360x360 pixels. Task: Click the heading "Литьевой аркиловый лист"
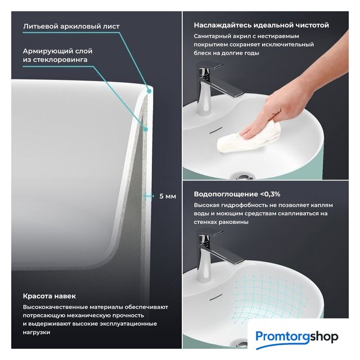[x=71, y=26]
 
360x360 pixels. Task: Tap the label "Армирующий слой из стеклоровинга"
[x=57, y=55]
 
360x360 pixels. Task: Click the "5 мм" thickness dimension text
[x=168, y=196]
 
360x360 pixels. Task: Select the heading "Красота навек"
[x=49, y=296]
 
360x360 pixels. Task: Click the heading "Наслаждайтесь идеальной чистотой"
[x=261, y=25]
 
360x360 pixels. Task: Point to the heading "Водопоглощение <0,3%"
[x=237, y=194]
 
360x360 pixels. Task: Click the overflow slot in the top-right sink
[x=216, y=130]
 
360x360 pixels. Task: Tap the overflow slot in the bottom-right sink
[x=216, y=298]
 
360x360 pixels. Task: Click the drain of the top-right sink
[x=242, y=177]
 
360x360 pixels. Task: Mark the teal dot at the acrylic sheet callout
[x=149, y=91]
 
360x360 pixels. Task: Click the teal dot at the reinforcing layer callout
[x=145, y=129]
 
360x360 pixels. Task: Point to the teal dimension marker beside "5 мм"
[x=148, y=196]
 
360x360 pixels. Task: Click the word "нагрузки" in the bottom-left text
[x=37, y=332]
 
